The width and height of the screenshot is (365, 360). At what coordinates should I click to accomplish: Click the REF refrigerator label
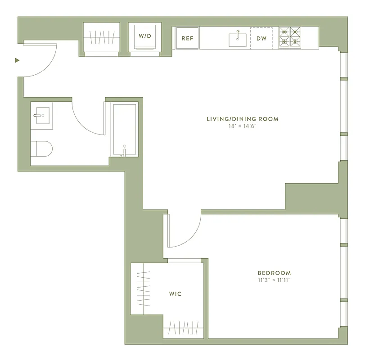pos(187,38)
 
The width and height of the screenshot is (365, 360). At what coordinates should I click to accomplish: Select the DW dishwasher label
pos(261,38)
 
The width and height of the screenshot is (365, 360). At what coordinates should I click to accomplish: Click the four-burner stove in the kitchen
pos(290,37)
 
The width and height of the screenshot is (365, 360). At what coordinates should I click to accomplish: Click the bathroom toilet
pos(41,148)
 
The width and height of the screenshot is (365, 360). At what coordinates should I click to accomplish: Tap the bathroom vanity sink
pos(41,116)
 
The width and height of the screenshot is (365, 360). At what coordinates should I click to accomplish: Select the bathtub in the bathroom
pos(125,129)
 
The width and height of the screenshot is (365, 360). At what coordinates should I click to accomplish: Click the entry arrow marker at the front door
pos(17,60)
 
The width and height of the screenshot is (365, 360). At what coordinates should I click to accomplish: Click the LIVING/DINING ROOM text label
pos(242,119)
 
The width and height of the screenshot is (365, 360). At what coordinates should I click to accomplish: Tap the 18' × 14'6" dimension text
pos(242,126)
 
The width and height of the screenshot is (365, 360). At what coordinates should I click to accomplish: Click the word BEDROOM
pos(274,273)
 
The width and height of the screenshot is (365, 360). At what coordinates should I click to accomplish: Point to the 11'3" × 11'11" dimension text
pos(274,280)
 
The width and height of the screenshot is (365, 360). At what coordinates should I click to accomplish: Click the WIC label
pos(175,294)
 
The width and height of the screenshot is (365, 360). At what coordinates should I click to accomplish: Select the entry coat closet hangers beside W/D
pos(102,37)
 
